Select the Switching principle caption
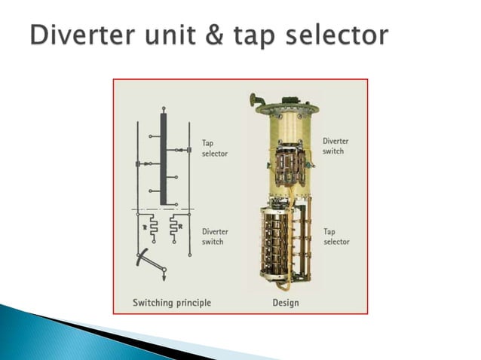click(172, 303)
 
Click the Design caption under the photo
click(285, 303)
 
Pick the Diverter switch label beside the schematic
click(216, 236)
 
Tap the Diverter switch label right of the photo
click(335, 145)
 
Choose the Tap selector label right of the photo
click(335, 236)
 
